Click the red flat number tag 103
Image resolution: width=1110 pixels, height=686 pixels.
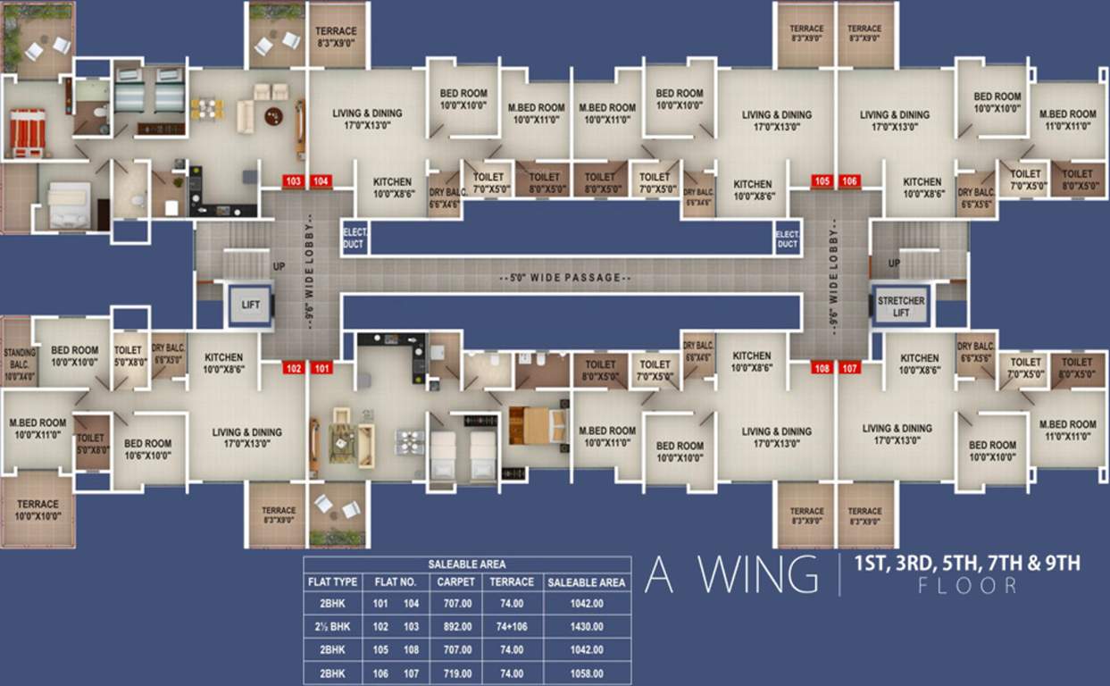coord(293,181)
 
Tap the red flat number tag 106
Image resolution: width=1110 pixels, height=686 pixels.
coord(850,181)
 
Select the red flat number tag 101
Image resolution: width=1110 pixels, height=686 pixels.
coord(321,367)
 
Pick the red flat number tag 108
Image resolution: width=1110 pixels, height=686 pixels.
coord(822,367)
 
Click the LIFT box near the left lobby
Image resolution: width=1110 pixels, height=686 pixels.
coord(251,305)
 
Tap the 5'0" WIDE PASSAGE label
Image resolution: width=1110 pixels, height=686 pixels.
coord(565,278)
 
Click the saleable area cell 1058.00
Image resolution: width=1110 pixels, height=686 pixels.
coord(586,673)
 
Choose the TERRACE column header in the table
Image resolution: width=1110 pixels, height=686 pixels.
coord(512,581)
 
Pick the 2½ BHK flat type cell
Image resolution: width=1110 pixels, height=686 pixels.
coord(332,627)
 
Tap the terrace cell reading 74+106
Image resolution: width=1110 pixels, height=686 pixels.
coord(512,627)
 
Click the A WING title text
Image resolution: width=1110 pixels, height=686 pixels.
coord(730,575)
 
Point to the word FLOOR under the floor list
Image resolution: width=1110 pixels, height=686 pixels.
coord(967,586)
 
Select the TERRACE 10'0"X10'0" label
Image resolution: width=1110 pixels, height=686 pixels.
coord(38,510)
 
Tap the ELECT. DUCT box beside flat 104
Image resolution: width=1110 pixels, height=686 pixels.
coord(355,238)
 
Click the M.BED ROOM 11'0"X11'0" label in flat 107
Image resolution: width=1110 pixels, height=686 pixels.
coord(1067,430)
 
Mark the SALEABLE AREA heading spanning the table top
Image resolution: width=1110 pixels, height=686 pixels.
coord(466,564)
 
